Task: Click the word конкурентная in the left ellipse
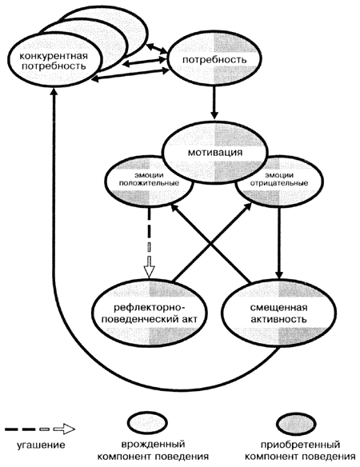54,56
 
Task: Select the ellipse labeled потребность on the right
214,59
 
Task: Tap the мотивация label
215,153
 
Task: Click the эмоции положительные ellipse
149,182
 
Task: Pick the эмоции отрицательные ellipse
279,182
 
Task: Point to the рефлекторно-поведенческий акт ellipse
150,313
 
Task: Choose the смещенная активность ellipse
279,313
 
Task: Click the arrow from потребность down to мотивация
214,102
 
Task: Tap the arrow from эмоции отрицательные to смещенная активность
279,242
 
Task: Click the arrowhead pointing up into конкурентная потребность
54,91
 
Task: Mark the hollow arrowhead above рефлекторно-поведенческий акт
150,270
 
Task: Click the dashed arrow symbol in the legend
40,429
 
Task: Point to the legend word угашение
41,445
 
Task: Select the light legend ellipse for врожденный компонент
147,423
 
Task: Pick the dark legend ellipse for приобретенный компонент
296,423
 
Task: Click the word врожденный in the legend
153,445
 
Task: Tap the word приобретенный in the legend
300,445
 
